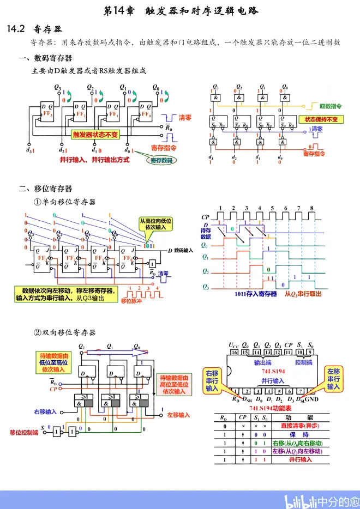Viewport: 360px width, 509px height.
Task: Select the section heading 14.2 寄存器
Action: point(33,28)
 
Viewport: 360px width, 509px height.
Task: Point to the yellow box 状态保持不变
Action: point(321,119)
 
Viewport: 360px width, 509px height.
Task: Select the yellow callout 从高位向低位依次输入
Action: point(156,224)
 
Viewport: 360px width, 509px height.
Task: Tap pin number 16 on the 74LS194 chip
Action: point(235,353)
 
